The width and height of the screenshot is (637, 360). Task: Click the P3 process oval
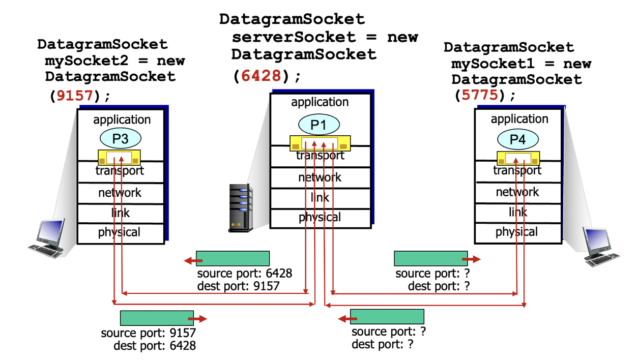point(120,138)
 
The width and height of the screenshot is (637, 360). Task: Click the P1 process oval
point(318,124)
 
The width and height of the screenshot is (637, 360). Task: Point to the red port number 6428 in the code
point(260,76)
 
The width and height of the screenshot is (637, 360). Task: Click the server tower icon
point(240,208)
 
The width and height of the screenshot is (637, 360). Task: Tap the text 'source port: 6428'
point(245,274)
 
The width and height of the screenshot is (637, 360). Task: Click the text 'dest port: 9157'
point(238,286)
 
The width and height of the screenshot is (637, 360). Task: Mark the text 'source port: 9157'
point(148,334)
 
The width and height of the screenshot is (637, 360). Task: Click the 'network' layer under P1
point(320,177)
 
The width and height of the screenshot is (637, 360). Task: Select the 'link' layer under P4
point(517,212)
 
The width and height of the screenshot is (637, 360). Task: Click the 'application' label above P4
point(519,119)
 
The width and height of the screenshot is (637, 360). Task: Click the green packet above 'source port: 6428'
point(233,258)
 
